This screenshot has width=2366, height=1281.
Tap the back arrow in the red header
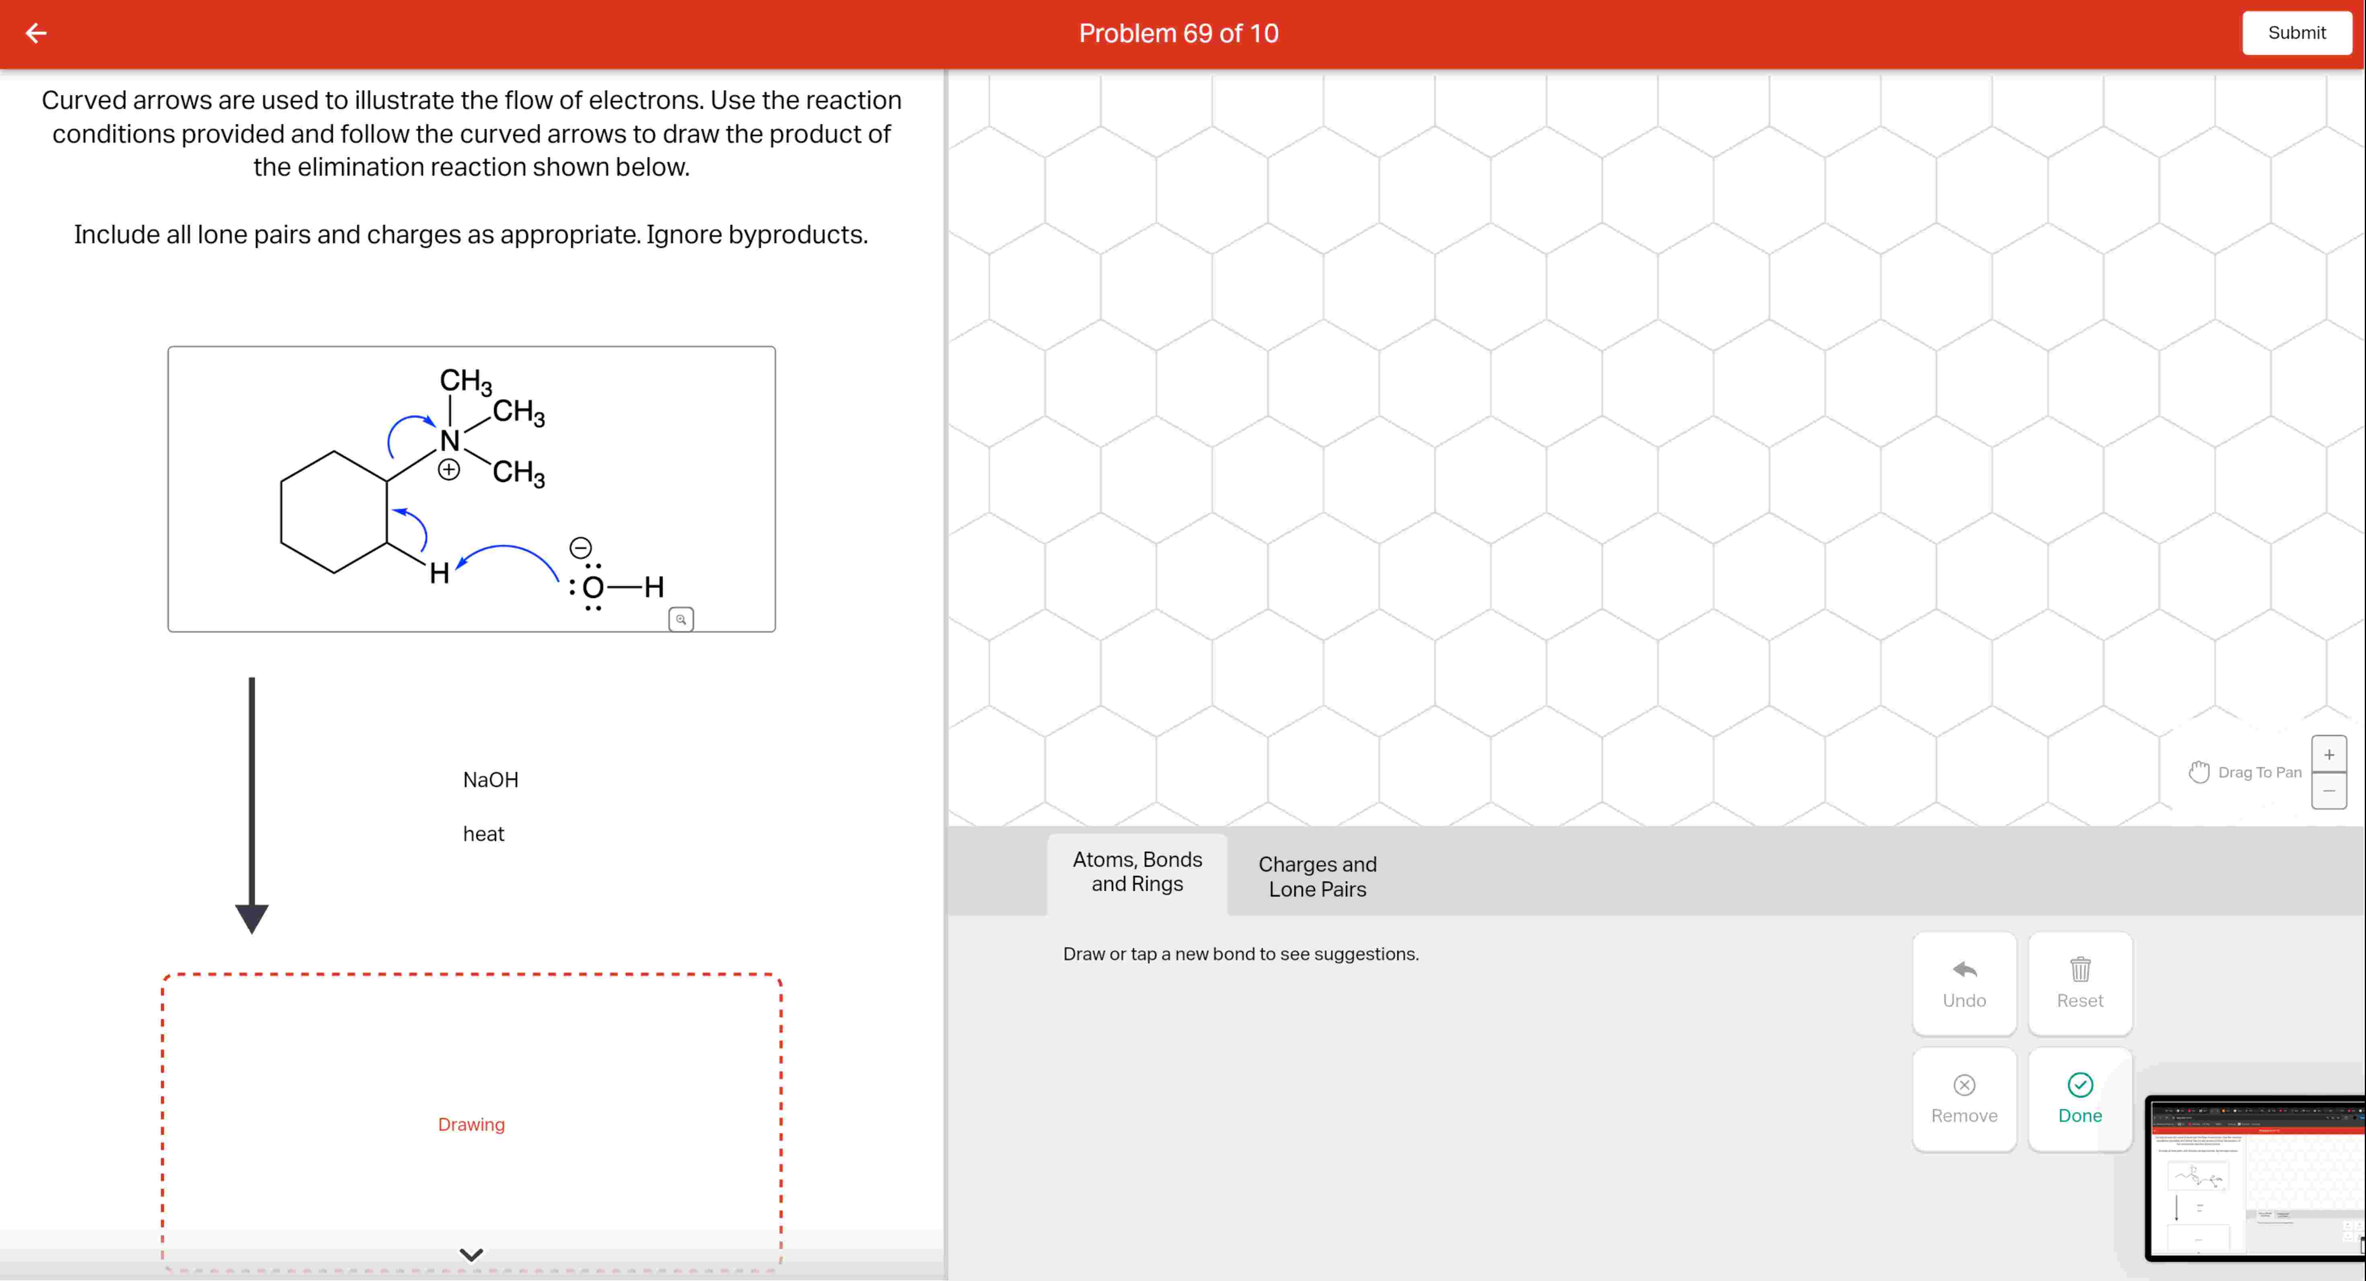click(x=36, y=33)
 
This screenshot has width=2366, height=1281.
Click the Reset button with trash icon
click(x=2079, y=983)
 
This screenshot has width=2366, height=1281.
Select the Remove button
click(x=1964, y=1099)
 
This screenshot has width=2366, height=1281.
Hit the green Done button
click(x=2079, y=1099)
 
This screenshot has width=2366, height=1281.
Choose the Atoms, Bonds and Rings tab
click(x=1137, y=871)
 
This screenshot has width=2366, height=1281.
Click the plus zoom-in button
click(x=2328, y=754)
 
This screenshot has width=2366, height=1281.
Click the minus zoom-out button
click(x=2328, y=790)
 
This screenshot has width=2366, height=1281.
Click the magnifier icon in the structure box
click(x=680, y=619)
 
